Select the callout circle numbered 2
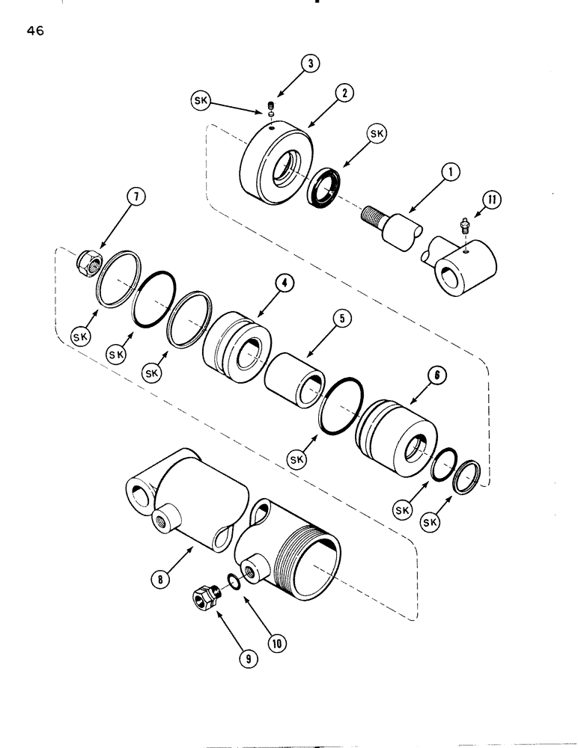[x=344, y=93]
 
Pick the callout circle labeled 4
[x=283, y=283]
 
